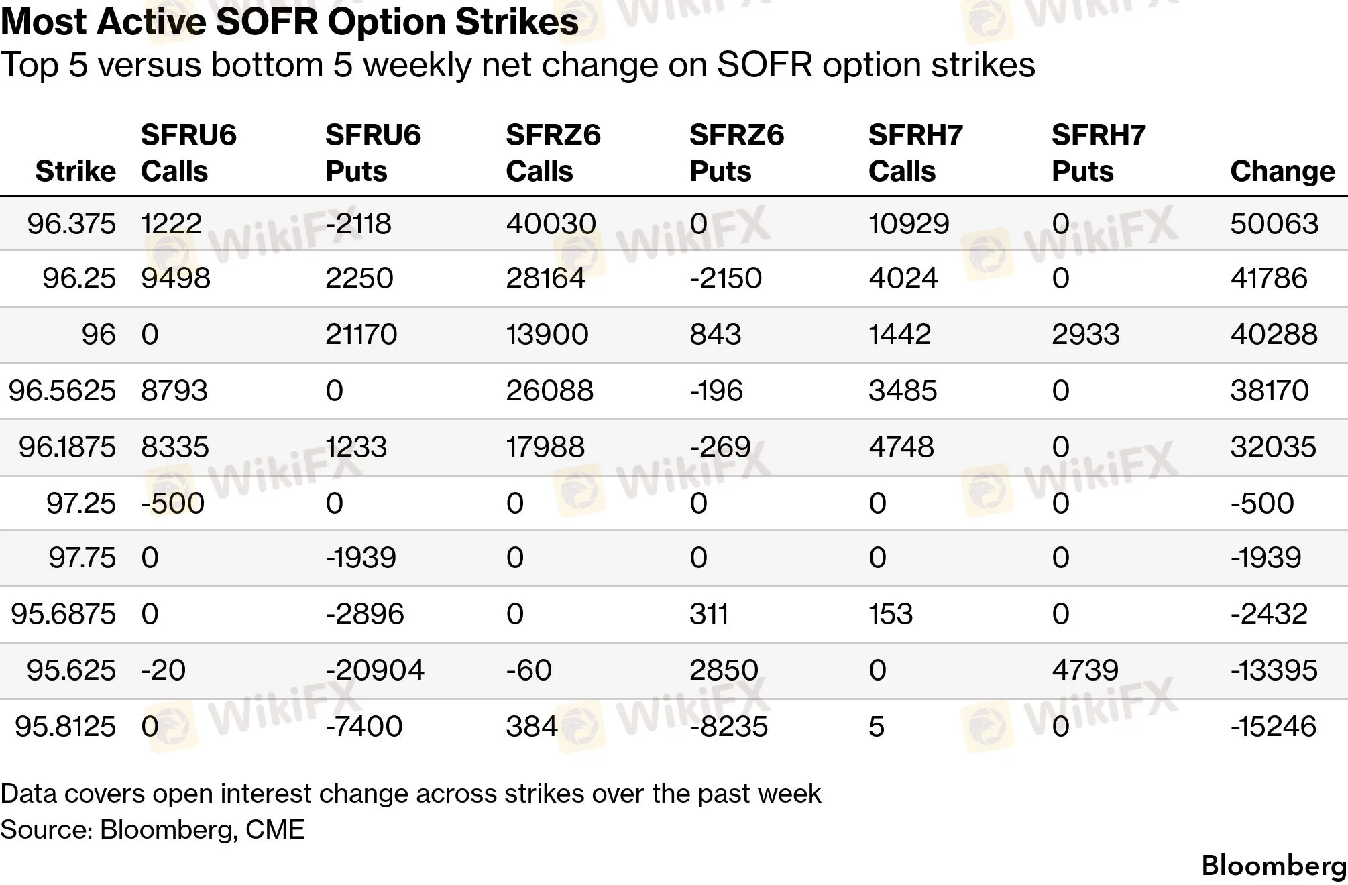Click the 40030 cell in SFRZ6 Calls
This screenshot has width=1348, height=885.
point(551,223)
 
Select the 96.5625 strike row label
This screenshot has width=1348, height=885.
point(62,390)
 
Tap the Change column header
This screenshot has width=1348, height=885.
point(1282,171)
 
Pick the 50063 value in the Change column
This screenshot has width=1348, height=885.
point(1274,223)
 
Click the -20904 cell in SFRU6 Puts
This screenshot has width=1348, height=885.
point(375,670)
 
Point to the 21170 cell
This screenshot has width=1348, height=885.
point(361,334)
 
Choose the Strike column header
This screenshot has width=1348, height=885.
point(76,171)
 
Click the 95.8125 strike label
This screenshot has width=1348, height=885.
point(65,726)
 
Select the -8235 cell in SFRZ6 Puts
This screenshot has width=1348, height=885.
point(728,726)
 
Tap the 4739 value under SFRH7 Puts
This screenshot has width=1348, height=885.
point(1085,670)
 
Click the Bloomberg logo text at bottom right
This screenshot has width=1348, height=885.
point(1274,866)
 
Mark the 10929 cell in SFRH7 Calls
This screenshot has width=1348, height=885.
point(909,223)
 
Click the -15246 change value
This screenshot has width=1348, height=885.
point(1274,726)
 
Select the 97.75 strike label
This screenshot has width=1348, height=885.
point(82,557)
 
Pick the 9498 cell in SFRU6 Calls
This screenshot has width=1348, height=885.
point(176,278)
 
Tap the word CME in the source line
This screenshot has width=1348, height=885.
point(275,829)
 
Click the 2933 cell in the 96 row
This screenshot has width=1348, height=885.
point(1086,334)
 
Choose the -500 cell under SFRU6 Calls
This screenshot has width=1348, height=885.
point(172,503)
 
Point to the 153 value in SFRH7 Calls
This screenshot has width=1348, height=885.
point(891,613)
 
